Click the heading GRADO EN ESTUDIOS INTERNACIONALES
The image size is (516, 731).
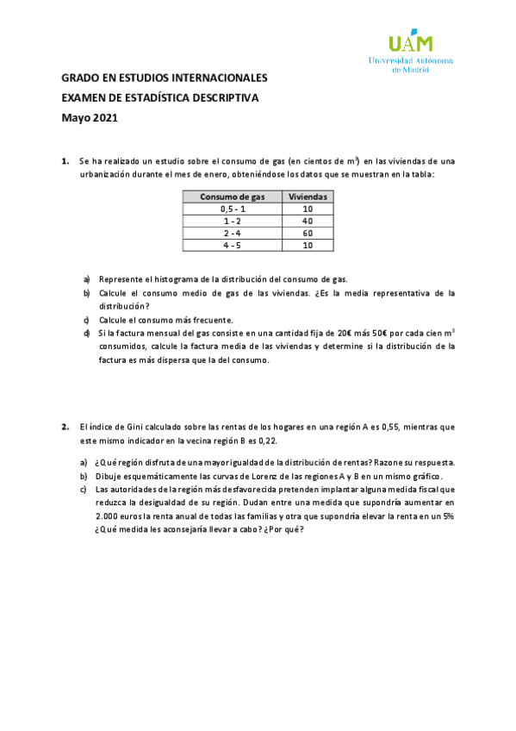pyautogui.click(x=164, y=78)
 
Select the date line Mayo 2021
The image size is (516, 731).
pyautogui.click(x=89, y=118)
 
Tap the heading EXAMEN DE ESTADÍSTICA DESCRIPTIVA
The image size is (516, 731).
pyautogui.click(x=159, y=98)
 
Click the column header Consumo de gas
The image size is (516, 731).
pyautogui.click(x=233, y=197)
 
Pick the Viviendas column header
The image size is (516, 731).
pyautogui.click(x=308, y=197)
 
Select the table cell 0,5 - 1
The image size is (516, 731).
pyautogui.click(x=233, y=209)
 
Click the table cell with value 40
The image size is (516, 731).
pyautogui.click(x=308, y=221)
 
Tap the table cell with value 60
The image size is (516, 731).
pyautogui.click(x=308, y=233)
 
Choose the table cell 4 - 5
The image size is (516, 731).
pyautogui.click(x=233, y=246)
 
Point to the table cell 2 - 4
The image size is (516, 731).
pyautogui.click(x=233, y=233)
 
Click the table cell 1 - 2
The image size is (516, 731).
pyautogui.click(x=233, y=221)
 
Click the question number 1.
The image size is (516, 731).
pyautogui.click(x=65, y=161)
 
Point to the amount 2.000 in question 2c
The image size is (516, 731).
pyautogui.click(x=109, y=515)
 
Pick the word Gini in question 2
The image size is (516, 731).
pyautogui.click(x=129, y=427)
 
